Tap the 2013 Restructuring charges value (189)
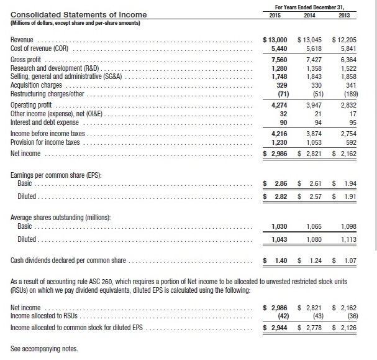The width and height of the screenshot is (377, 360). (346, 94)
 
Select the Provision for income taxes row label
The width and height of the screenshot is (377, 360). (47, 142)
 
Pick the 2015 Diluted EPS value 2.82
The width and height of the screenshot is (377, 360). (280, 197)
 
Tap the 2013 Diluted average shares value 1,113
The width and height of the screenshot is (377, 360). (345, 239)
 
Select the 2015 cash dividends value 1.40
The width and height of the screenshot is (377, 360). (280, 260)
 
